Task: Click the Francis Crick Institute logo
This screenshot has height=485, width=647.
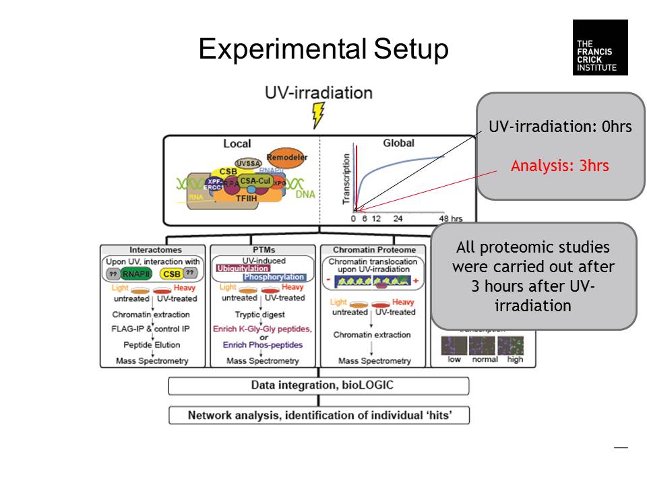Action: click(600, 47)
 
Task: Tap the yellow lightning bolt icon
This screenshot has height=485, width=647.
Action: click(318, 115)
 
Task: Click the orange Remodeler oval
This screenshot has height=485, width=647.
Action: click(287, 157)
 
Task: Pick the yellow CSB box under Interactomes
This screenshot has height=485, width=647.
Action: click(171, 273)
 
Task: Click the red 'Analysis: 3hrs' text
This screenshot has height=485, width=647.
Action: click(559, 166)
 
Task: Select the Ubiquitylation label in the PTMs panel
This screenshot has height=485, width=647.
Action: click(242, 268)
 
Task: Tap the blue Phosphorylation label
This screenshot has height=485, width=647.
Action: click(274, 277)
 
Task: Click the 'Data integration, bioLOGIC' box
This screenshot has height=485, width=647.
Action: click(318, 385)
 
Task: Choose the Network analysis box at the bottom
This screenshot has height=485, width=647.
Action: click(319, 415)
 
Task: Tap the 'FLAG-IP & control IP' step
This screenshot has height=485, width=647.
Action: click(150, 329)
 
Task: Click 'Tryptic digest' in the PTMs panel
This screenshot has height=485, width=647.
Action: click(262, 314)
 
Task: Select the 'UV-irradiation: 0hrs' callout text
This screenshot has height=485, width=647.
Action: click(560, 127)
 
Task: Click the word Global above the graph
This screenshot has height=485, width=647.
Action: click(398, 143)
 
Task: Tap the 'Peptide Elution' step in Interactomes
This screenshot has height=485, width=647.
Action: click(150, 345)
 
